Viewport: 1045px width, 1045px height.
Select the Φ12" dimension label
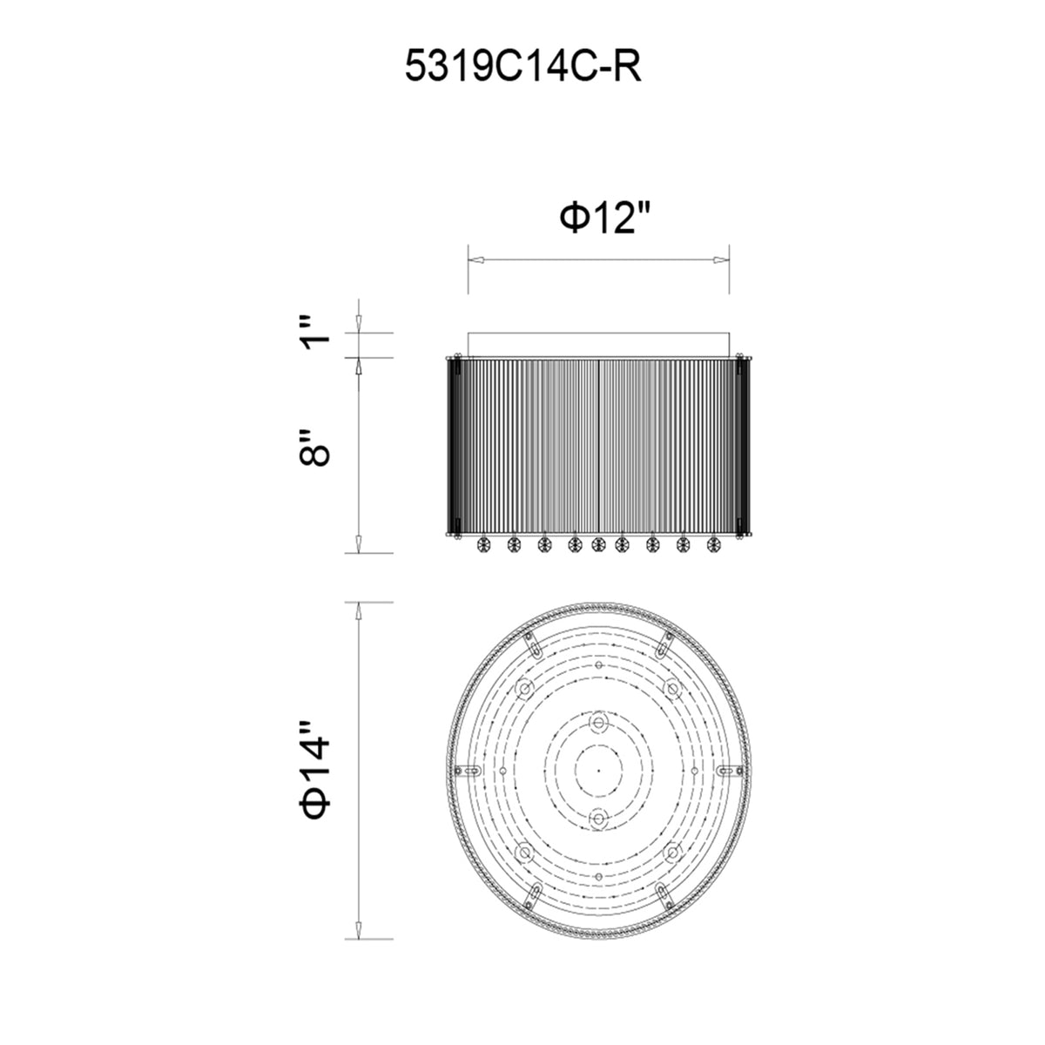pos(605,219)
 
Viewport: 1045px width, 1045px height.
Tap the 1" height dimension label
pos(316,333)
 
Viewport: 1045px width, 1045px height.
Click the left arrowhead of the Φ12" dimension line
pos(475,260)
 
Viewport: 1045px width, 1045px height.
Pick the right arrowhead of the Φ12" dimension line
pos(721,260)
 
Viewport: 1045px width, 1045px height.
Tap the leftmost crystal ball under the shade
pos(482,544)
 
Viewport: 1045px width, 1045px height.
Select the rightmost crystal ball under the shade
pos(713,544)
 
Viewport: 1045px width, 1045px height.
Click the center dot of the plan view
pos(598,770)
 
